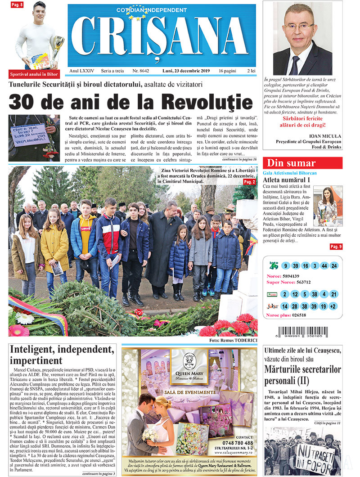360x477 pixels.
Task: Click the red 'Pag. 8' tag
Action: tap(17, 4)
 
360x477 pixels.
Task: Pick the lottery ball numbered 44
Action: tap(324, 266)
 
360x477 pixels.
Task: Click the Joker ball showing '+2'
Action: tap(333, 306)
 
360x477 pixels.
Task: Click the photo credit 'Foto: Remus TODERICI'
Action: tap(233, 341)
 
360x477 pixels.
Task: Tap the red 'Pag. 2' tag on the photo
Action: tap(249, 182)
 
